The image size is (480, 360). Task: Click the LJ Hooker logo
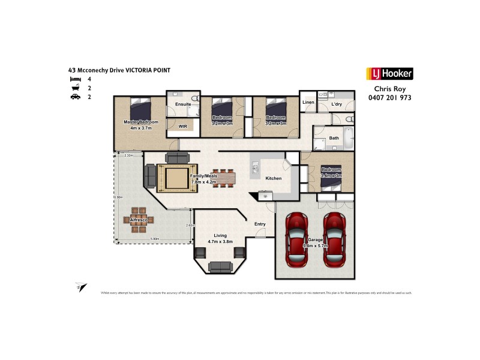[389, 74]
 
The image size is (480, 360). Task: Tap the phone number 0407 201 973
[389, 98]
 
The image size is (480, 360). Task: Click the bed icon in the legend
[75, 79]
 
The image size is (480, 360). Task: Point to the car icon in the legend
[75, 97]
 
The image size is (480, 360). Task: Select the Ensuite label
[183, 104]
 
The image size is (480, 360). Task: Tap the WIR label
[184, 127]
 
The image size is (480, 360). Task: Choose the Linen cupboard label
[308, 103]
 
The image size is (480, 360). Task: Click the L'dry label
[337, 105]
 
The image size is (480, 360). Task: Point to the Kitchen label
[274, 179]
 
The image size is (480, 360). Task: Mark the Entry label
[260, 224]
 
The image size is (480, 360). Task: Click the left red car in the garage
[298, 239]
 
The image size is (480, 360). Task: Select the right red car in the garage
[335, 239]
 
